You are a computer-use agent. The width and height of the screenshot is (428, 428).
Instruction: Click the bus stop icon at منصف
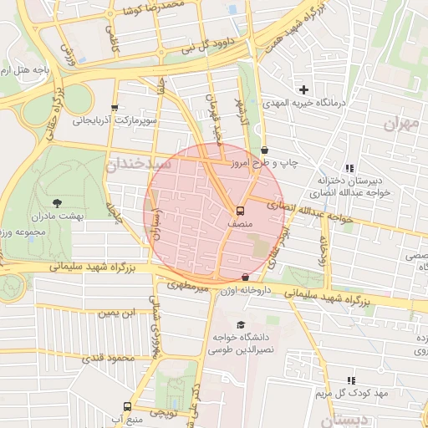[241, 211]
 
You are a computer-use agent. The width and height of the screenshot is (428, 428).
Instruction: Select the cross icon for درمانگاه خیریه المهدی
[303, 89]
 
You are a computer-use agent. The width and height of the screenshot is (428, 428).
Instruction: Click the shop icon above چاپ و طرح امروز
[264, 149]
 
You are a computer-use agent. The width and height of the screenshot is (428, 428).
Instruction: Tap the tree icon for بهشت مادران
[57, 203]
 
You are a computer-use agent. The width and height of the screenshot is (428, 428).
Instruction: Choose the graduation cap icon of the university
[242, 325]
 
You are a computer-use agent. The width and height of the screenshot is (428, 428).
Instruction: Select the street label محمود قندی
[108, 359]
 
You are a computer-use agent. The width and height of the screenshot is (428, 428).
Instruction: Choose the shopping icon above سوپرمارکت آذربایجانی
[115, 107]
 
